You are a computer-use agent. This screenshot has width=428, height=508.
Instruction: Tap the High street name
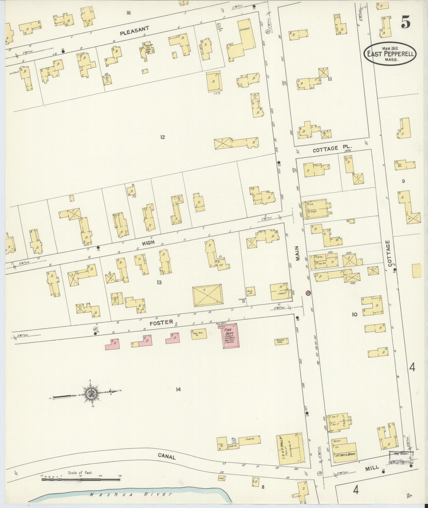pos(148,242)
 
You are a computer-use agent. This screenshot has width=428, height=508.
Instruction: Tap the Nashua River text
pos(131,494)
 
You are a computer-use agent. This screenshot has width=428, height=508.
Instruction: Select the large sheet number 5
pos(405,23)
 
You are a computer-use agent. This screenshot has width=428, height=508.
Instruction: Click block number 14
pos(178,389)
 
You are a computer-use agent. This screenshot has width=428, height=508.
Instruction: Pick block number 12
pos(162,137)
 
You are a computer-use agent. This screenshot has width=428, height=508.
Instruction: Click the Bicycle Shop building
pos(281,341)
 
